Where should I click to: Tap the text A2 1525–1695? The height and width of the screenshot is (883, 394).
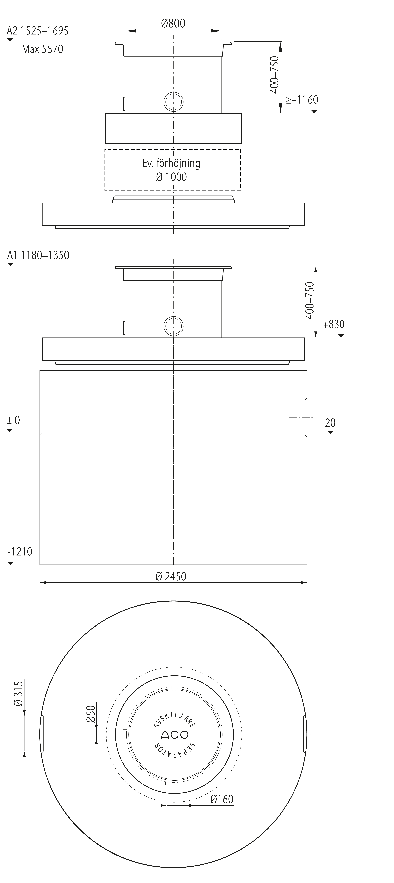click(37, 31)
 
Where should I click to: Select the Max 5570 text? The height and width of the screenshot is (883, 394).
click(43, 49)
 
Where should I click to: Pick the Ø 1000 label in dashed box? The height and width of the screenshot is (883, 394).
click(171, 177)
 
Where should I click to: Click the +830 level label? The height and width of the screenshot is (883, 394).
click(334, 324)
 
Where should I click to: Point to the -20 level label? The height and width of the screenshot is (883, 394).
click(328, 423)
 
